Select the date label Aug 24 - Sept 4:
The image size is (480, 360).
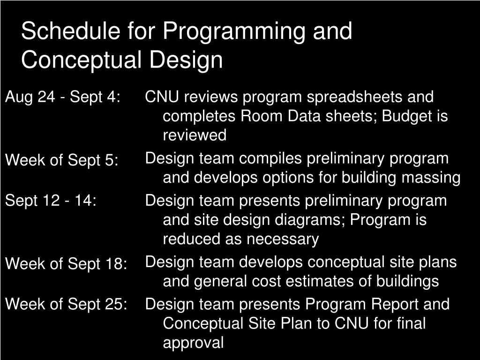tap(63, 97)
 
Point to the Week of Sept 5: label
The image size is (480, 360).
tap(61, 160)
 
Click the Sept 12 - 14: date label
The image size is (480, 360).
tap(51, 201)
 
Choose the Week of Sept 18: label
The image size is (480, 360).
tap(66, 264)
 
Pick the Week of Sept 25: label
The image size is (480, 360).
tap(66, 304)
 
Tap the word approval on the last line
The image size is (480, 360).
tap(193, 343)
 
